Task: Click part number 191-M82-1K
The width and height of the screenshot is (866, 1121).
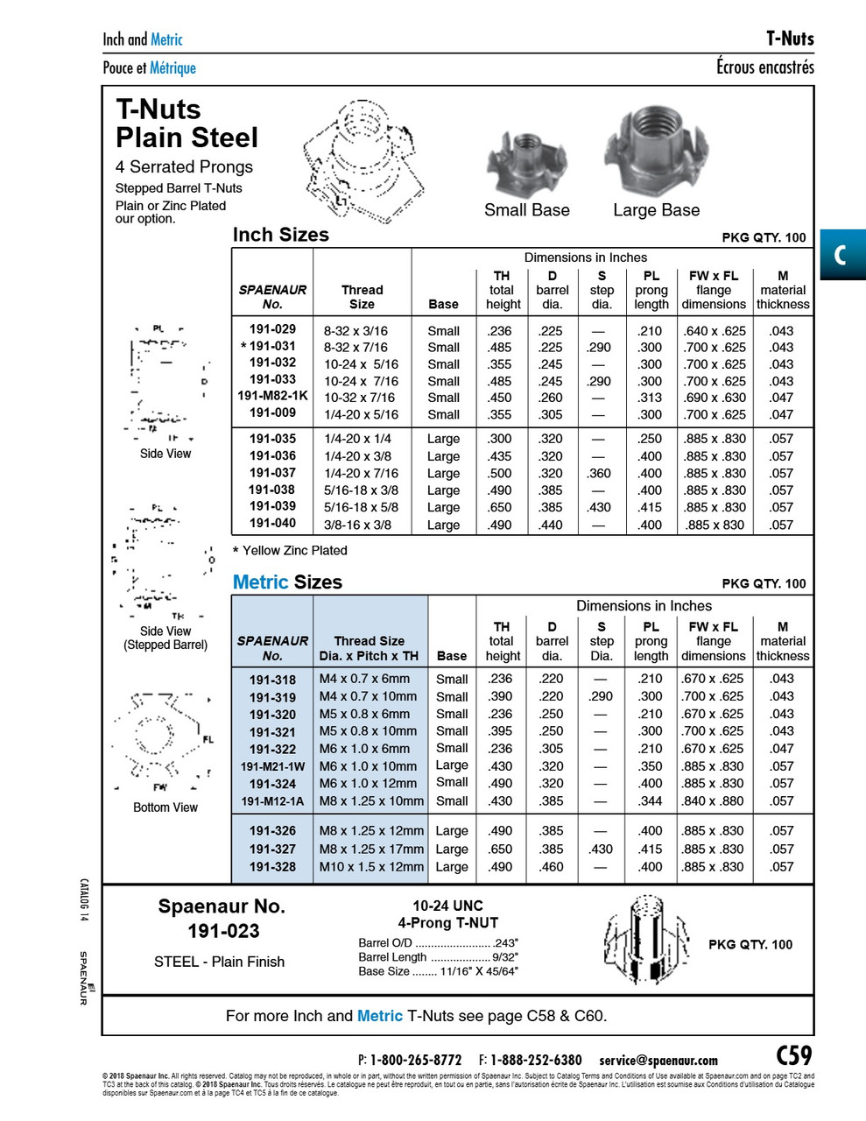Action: coord(272,396)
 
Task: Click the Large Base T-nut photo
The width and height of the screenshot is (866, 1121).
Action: coord(655,152)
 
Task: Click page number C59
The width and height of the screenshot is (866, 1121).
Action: coord(793,1055)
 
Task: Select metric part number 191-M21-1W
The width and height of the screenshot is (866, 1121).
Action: coord(272,766)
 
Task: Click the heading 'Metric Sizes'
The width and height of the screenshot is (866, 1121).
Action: coord(287,582)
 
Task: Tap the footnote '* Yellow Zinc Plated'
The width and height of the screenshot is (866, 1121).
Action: coord(290,550)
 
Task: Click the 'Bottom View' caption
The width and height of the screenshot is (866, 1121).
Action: coord(165,807)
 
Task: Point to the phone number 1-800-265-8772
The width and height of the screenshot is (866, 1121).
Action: coord(415,1060)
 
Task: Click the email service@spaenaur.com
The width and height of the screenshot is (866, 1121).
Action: coord(658,1060)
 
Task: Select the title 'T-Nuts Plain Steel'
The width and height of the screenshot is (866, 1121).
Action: coord(187,123)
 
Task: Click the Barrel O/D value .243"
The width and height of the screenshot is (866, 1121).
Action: coord(505,943)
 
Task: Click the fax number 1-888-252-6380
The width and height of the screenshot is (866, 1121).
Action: coord(535,1060)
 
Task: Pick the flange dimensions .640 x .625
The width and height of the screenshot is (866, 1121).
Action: coord(715,331)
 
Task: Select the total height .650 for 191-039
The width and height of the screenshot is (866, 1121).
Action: coord(501,507)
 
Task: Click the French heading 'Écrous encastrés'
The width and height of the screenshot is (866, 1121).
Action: coord(764,67)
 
